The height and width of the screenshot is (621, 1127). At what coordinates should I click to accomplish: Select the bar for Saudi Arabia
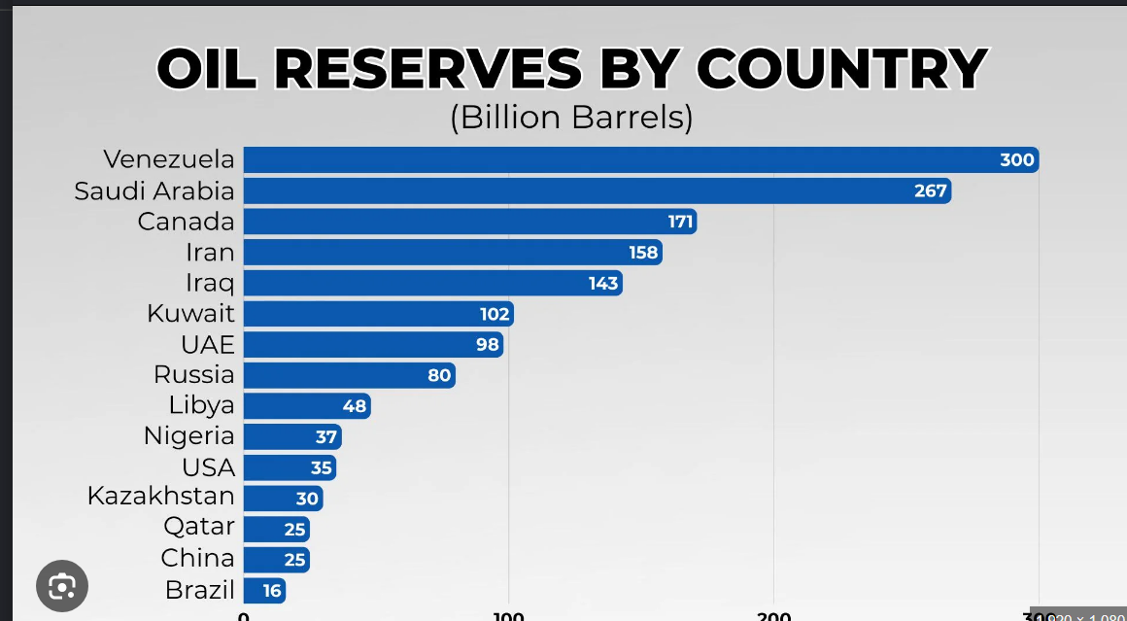tap(583, 190)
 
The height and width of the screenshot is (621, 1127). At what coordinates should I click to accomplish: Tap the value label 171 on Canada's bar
tap(680, 222)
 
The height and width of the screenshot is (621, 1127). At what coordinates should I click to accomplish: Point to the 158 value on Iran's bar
tap(643, 253)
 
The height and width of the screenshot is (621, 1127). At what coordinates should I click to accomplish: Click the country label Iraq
tap(210, 283)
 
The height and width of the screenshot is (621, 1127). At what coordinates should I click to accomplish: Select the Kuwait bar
tap(369, 314)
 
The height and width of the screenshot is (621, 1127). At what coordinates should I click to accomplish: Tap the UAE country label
tap(207, 345)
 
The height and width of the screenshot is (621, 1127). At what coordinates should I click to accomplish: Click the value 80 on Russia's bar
tap(439, 375)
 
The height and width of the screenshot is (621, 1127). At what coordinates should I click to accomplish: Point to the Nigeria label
tap(189, 436)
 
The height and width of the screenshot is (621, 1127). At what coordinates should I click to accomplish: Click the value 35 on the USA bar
tap(322, 467)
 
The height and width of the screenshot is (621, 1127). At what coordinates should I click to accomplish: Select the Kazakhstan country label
tap(161, 497)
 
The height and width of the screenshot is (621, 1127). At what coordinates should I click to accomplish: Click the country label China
tap(198, 558)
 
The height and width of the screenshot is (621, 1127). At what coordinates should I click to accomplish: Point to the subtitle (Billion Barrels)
tap(570, 117)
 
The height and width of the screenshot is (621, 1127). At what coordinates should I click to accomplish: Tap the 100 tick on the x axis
tap(508, 616)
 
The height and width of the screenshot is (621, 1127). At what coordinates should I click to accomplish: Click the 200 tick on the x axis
tap(774, 616)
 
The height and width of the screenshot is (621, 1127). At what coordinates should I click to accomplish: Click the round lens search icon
tap(62, 586)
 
